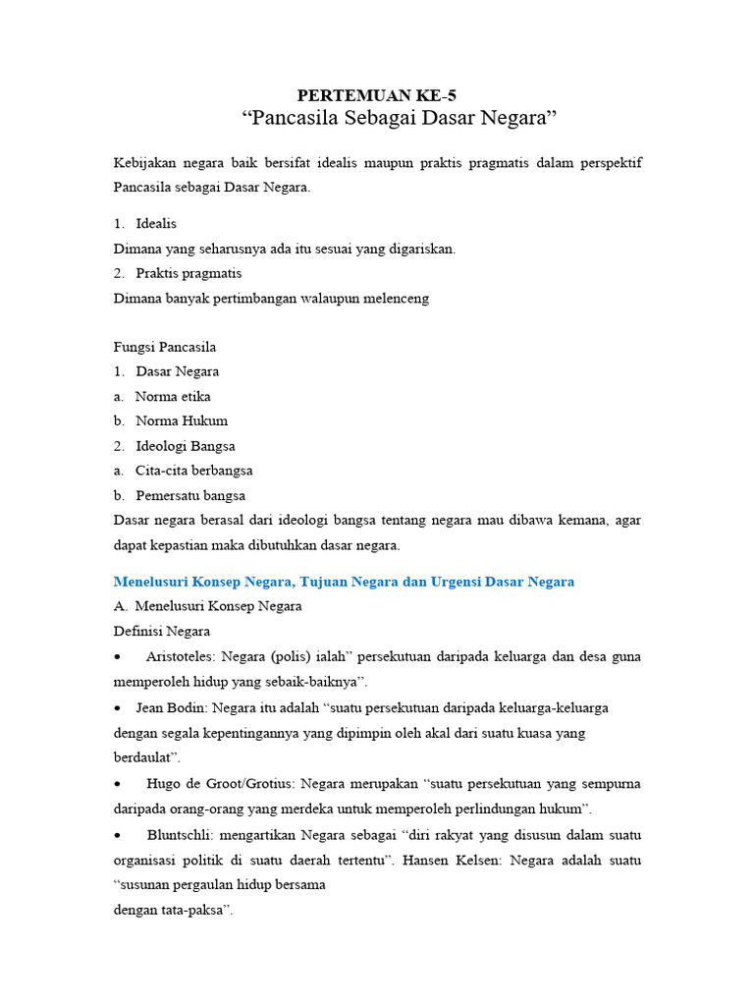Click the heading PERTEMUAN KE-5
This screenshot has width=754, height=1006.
pos(377,95)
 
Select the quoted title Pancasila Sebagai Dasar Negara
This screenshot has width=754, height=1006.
pos(399,120)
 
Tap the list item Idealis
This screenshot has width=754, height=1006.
pos(156,224)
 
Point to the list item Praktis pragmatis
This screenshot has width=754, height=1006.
pos(188,273)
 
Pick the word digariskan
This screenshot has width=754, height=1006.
pos(418,249)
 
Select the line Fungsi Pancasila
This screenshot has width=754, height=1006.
pos(165,347)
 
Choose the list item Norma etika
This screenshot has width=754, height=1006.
pos(173,396)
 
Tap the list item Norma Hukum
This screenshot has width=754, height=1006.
pos(182,420)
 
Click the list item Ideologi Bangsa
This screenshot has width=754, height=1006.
pos(186,446)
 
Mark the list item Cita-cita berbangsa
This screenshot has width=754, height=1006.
pos(193,471)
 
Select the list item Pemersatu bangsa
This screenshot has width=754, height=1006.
pos(190,495)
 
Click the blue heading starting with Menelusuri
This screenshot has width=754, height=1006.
pos(344,582)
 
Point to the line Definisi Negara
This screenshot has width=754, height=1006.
pos(162,631)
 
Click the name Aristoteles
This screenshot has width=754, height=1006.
pos(181,656)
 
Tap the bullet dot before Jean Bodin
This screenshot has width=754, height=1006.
pos(118,707)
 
